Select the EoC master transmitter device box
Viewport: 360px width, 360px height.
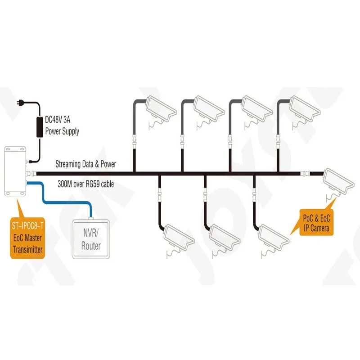click(15, 171)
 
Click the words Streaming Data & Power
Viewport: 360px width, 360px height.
click(85, 164)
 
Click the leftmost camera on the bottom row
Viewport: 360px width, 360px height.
click(180, 236)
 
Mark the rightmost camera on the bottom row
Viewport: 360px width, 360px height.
click(275, 236)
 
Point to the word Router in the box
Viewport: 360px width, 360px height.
click(91, 246)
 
